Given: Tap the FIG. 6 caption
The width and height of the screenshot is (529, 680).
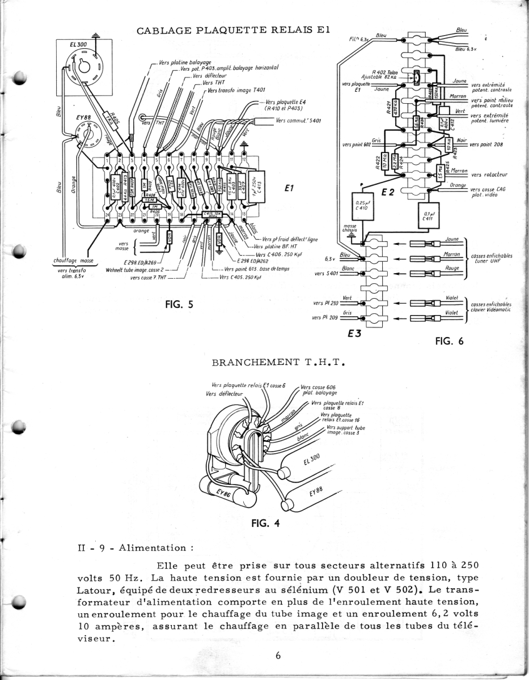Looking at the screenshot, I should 449,341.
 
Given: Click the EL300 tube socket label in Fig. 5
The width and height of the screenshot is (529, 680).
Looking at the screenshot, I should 78,44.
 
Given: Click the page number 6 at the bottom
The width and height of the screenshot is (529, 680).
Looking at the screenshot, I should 278,656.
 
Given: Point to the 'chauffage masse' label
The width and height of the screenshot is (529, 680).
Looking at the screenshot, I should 73,261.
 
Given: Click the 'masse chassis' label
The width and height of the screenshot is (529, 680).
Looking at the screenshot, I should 350,228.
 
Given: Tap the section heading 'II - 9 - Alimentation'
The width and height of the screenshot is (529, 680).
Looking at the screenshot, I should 136,548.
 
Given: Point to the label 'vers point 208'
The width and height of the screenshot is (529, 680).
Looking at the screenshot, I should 490,144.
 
